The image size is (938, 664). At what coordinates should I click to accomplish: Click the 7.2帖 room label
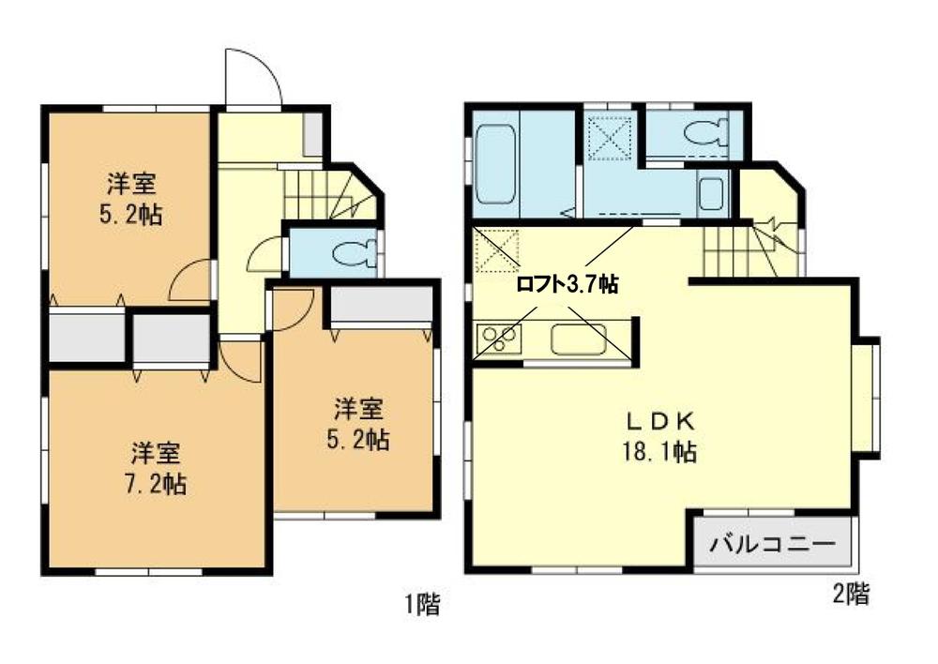pos(158,485)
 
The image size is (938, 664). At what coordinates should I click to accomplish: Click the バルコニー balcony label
pos(772,543)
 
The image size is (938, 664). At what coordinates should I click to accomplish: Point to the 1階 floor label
pos(422,605)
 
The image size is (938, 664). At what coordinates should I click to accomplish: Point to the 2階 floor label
pos(851,594)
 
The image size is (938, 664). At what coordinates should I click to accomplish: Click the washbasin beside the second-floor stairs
pos(710,195)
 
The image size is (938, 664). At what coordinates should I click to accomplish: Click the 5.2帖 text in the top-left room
pos(131,216)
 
